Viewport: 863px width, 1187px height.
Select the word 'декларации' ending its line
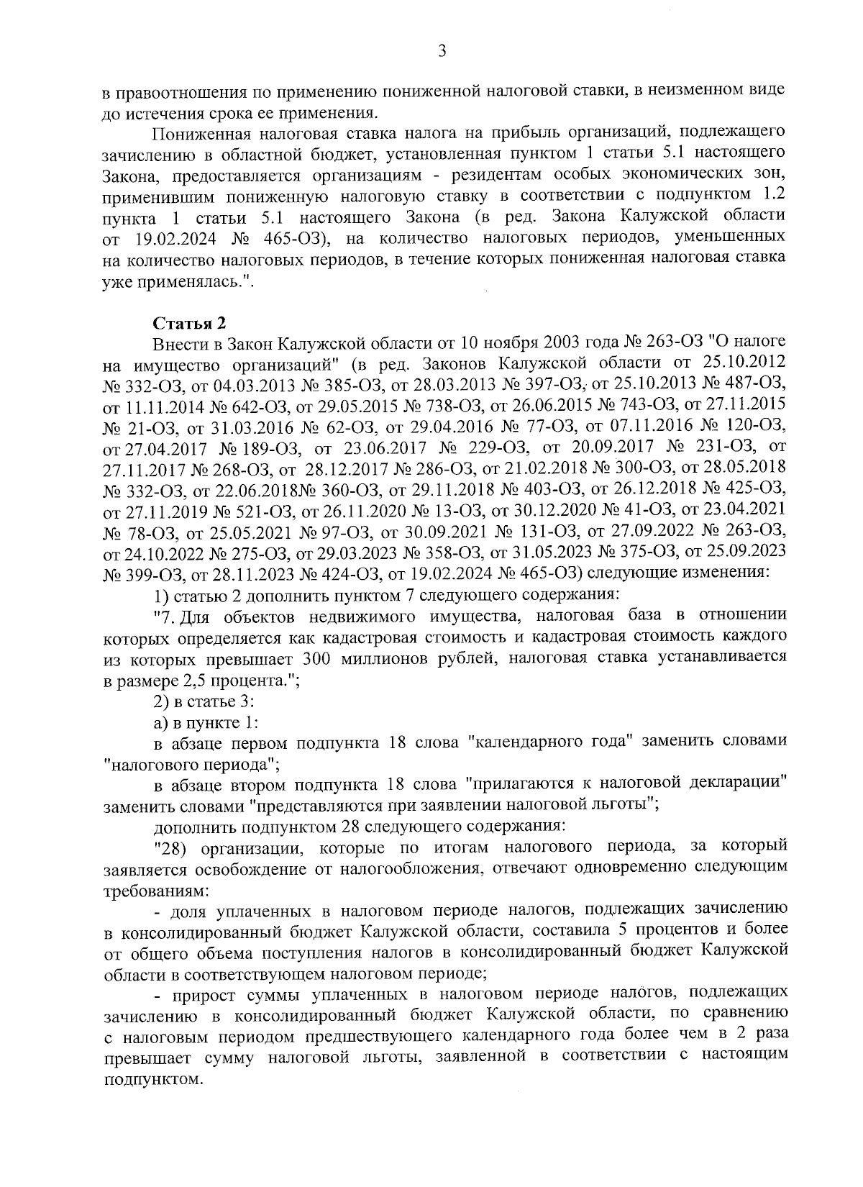(x=748, y=784)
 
